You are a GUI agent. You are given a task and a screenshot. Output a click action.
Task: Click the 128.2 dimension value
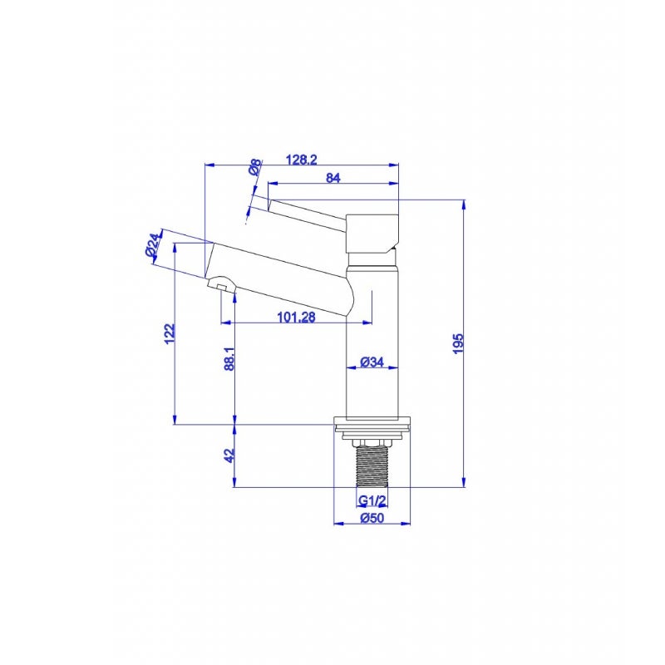click(301, 160)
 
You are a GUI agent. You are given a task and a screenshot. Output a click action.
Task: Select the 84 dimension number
click(333, 177)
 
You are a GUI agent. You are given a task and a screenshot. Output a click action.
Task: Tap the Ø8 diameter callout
click(254, 167)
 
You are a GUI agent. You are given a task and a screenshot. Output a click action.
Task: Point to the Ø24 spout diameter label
click(152, 246)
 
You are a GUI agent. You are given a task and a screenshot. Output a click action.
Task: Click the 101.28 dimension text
click(296, 316)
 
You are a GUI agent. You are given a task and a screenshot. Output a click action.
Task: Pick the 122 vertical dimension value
click(170, 332)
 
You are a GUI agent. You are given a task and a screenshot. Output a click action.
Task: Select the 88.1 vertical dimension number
click(230, 358)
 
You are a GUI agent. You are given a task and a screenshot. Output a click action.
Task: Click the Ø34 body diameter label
click(372, 362)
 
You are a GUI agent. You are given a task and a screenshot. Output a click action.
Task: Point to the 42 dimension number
click(230, 456)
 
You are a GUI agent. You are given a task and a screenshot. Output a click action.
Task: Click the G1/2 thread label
click(372, 500)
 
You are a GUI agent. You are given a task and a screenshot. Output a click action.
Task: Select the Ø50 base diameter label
click(372, 519)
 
